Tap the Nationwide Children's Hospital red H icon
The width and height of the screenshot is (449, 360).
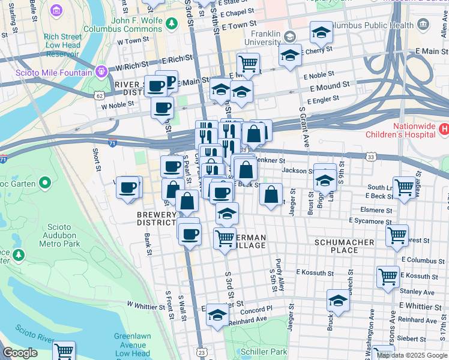(x=444, y=128)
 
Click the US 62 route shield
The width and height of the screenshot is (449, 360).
(x=98, y=95)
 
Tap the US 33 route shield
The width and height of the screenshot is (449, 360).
(x=371, y=157)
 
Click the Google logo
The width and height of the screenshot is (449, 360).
(x=20, y=352)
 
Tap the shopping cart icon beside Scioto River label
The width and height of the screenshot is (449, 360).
(x=64, y=350)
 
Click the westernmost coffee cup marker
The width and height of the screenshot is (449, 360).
(x=127, y=187)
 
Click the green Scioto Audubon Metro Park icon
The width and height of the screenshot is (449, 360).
(x=19, y=255)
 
